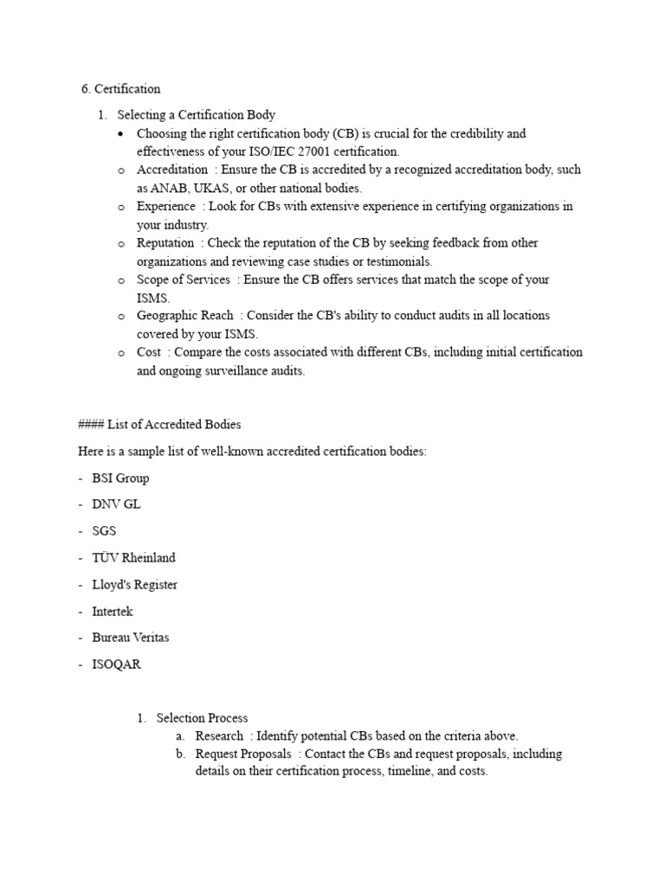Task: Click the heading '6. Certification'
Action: pyautogui.click(x=120, y=88)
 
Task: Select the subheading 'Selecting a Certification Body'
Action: pyautogui.click(x=197, y=114)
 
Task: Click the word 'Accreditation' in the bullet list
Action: pyautogui.click(x=172, y=170)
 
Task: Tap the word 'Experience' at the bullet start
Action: pyautogui.click(x=166, y=206)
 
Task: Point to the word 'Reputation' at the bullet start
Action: pyautogui.click(x=165, y=243)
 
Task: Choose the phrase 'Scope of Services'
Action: pyautogui.click(x=184, y=279)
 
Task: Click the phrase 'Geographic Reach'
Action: pyautogui.click(x=184, y=316)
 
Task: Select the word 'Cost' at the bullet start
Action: pyautogui.click(x=149, y=352)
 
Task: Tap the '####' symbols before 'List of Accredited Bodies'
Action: pyautogui.click(x=91, y=424)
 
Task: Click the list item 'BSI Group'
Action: pyautogui.click(x=120, y=478)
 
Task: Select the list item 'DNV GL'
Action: pyautogui.click(x=116, y=504)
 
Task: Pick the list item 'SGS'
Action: pyautogui.click(x=104, y=531)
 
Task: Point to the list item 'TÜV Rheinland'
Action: pyautogui.click(x=133, y=558)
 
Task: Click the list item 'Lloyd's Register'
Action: pyautogui.click(x=135, y=584)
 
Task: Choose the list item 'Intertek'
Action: pyautogui.click(x=113, y=611)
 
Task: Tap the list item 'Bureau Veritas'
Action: pyautogui.click(x=131, y=638)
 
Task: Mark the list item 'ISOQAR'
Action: pyautogui.click(x=115, y=664)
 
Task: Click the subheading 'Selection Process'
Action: pyautogui.click(x=202, y=717)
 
